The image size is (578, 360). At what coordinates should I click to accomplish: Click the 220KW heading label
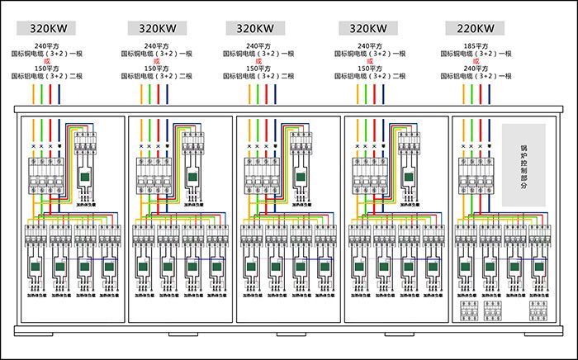(473, 27)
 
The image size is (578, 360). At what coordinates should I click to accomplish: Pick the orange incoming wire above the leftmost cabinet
(32, 94)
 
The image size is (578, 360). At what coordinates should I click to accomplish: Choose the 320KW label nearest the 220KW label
(363, 27)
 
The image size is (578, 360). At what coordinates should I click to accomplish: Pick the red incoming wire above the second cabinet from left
(159, 94)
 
